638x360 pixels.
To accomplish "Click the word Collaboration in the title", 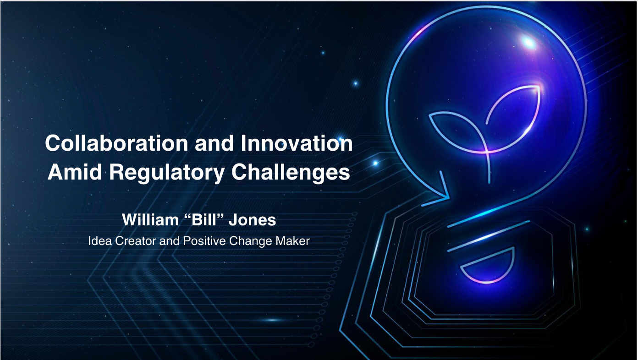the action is (116, 143).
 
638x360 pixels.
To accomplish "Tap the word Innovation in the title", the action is (297, 143).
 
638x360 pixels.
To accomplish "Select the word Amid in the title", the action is (75, 172).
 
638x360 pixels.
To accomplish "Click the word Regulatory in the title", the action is (167, 173).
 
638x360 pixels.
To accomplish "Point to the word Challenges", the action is (291, 173).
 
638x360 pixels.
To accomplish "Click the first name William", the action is (150, 220).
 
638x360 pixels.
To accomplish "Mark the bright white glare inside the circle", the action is (529, 43).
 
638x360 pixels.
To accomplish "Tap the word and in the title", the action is (214, 143).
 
